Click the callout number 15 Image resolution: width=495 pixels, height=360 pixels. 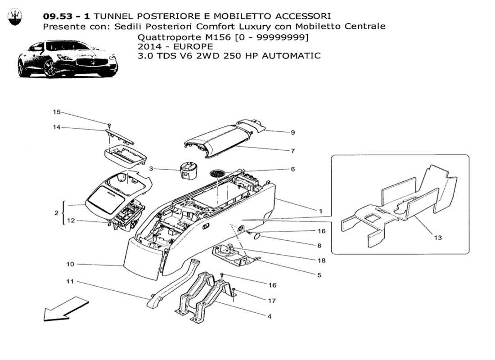[x=56, y=112]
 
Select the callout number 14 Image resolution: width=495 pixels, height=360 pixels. [x=56, y=128]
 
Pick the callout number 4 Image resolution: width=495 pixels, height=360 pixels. [x=269, y=316]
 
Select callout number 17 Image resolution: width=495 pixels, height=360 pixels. [x=272, y=301]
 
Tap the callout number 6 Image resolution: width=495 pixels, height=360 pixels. [x=292, y=169]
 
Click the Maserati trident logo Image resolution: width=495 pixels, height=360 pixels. [x=15, y=17]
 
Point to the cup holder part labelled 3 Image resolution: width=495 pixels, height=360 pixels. [x=188, y=170]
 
